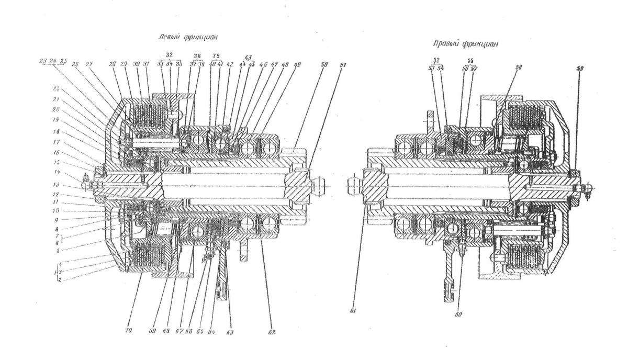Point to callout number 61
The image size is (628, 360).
[354, 311]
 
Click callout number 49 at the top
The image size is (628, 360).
[298, 65]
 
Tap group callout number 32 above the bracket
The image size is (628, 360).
[169, 53]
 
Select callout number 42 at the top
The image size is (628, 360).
[230, 64]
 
